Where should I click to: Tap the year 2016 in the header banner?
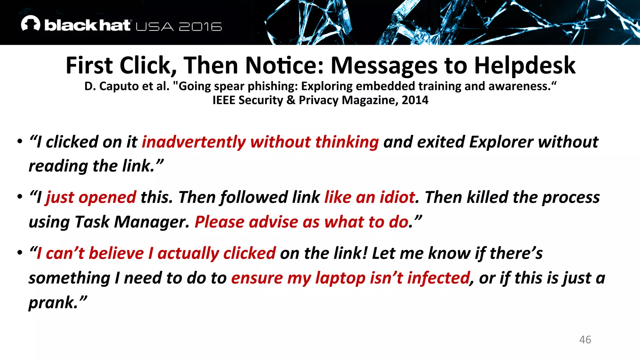pos(200,27)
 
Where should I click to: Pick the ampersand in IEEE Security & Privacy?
pos(291,100)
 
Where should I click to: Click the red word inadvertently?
pos(194,142)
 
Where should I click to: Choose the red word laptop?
pos(340,278)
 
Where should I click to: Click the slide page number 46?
pos(585,340)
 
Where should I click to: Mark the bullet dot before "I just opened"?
pos(20,197)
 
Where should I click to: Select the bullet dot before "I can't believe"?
pos(20,252)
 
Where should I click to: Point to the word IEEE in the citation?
pos(223,100)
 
